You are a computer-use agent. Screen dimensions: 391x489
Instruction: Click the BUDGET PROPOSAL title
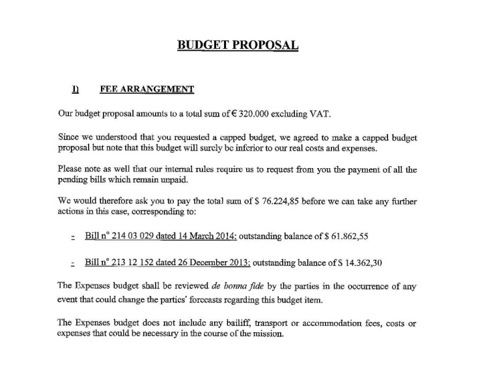238,45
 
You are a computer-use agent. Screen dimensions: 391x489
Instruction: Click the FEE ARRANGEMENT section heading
147,89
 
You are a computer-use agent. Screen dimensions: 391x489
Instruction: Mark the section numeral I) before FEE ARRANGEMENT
76,89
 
